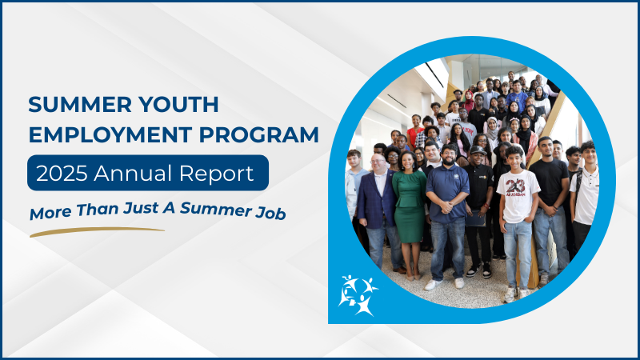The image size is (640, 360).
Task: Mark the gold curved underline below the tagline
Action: point(96,232)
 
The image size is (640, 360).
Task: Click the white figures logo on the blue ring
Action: point(357,294)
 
